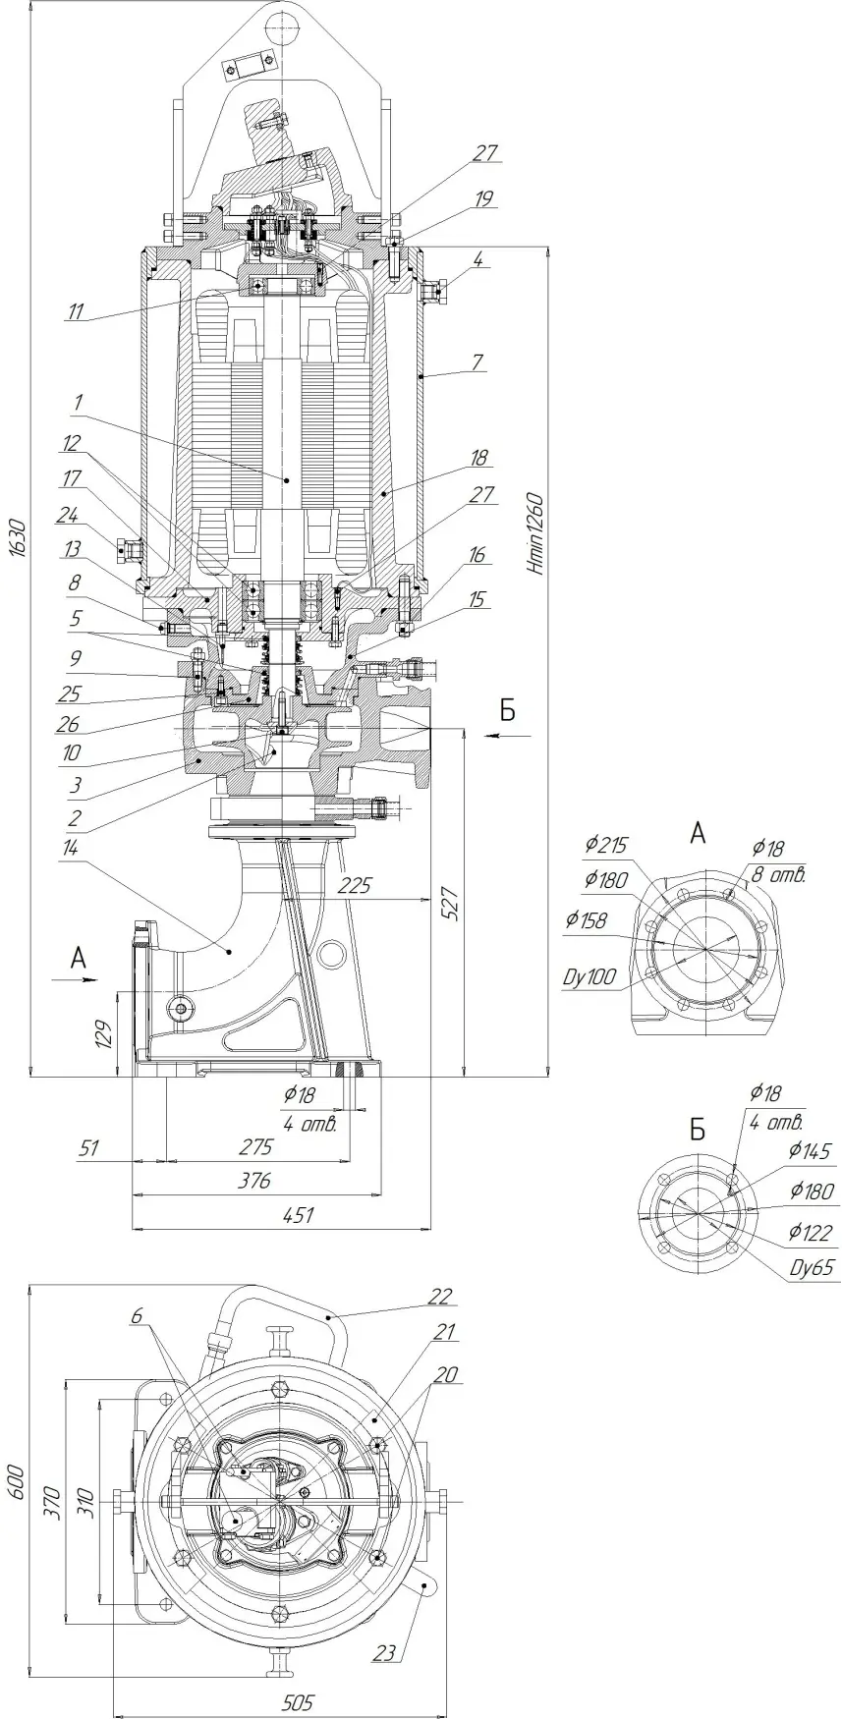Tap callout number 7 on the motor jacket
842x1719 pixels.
477,362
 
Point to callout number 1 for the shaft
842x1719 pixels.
78,402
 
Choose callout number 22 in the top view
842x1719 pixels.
439,1297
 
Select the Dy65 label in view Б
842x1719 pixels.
813,1268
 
